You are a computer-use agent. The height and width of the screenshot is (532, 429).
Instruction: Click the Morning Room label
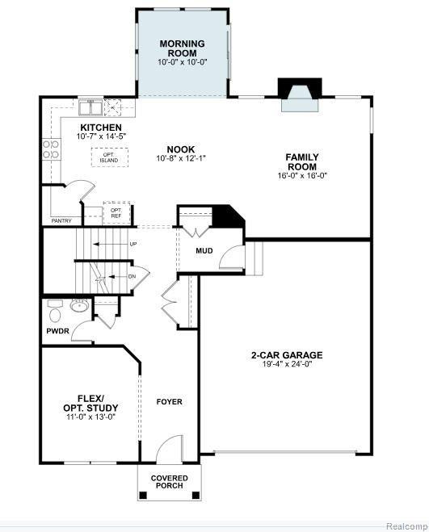pos(183,48)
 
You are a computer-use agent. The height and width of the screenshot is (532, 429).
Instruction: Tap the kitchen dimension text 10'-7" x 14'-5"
pos(101,136)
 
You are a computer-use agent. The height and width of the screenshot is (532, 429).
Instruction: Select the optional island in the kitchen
pos(109,157)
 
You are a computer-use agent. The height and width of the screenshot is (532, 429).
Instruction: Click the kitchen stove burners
pos(51,149)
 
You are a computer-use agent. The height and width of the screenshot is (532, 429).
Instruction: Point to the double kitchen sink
pos(90,107)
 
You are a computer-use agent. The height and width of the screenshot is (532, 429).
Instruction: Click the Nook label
pos(181,149)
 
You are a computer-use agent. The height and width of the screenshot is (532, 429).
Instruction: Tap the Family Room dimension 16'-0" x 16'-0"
pos(302,176)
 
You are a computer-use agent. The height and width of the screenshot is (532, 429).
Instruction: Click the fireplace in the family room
pos(300,94)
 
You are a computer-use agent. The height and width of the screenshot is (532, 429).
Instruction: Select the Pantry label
pos(61,221)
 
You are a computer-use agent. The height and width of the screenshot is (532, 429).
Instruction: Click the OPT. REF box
pos(116,213)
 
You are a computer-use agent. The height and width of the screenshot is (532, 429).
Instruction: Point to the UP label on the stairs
pos(133,244)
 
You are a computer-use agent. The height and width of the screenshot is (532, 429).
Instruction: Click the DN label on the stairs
pos(132,277)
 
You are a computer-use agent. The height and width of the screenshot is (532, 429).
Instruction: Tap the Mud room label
pos(204,251)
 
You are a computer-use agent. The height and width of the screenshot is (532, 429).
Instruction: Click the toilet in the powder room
pos(54,311)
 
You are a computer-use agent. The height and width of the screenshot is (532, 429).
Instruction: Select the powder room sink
pos(79,305)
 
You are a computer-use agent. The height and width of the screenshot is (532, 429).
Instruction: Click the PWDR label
pos(57,331)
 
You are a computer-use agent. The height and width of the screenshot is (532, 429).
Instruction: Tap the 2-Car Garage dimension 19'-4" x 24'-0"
pos(287,364)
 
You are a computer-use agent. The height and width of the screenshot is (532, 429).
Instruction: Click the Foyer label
pos(170,402)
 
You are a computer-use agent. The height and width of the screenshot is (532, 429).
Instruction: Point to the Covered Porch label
pos(170,482)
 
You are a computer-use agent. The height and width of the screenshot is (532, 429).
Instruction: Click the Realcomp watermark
pos(407,526)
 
